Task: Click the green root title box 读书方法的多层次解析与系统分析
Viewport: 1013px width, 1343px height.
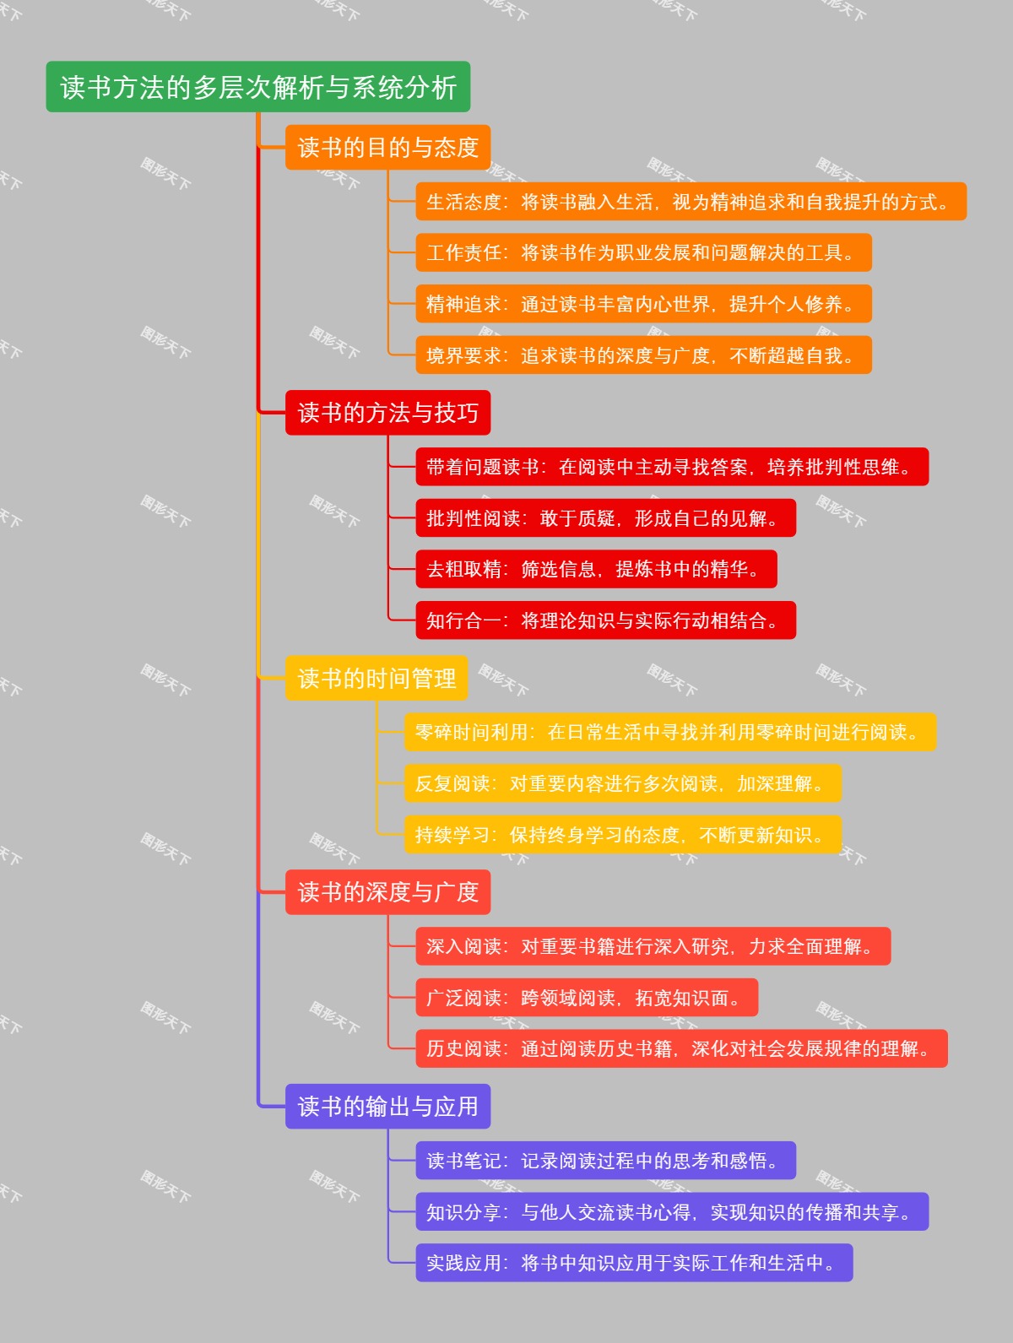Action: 257,87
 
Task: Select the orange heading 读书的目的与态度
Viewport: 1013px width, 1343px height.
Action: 387,148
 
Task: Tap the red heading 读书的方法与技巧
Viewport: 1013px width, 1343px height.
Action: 387,413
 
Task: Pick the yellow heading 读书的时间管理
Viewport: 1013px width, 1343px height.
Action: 376,678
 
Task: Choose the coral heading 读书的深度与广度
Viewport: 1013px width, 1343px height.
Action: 387,892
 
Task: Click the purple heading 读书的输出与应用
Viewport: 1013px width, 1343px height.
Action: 387,1107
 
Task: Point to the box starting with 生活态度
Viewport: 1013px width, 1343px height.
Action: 691,202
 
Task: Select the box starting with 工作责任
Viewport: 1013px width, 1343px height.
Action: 643,252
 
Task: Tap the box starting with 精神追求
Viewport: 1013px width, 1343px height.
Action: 643,304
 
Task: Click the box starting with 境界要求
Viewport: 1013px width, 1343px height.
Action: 643,355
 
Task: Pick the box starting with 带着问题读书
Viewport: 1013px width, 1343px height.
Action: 672,467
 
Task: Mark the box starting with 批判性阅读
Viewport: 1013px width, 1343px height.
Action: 605,518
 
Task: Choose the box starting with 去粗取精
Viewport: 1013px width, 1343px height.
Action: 596,569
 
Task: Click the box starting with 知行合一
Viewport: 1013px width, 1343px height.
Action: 605,620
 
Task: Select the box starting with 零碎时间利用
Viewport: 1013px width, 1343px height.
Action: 670,732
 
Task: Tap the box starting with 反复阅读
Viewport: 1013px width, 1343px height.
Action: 623,783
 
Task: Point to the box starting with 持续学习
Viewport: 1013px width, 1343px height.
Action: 623,835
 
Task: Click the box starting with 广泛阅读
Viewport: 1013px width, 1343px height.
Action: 587,998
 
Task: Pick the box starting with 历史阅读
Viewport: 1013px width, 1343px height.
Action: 681,1048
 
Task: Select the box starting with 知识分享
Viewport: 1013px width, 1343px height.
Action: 672,1212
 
